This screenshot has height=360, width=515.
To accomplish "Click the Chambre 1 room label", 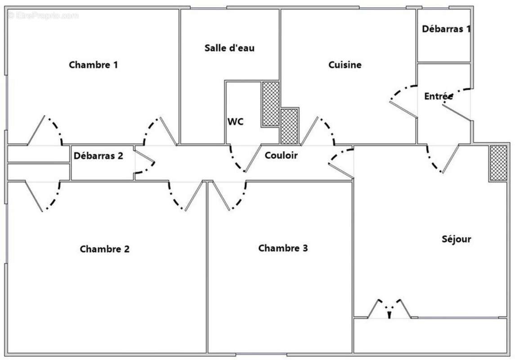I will point(94,65).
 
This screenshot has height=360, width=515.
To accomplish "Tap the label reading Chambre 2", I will point(105,249).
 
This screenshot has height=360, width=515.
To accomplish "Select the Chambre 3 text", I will point(283,248).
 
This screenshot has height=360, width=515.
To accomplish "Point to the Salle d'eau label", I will point(229,48).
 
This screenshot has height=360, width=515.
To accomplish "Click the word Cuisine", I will point(345,65).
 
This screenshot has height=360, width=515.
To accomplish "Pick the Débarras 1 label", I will point(446,29).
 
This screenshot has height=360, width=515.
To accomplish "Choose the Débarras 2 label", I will point(99,156).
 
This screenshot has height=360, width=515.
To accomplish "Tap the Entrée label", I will point(438,96).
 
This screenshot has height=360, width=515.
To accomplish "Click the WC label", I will point(236,121).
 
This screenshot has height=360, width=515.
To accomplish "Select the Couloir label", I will point(281,155).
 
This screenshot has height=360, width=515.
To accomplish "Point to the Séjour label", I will point(456,239).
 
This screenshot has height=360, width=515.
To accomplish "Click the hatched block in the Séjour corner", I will point(498,163).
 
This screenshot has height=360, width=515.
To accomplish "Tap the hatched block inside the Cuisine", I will point(289,126).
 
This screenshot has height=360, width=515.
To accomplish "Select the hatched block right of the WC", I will point(271,103).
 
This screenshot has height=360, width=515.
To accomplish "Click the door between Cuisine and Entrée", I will point(403,101).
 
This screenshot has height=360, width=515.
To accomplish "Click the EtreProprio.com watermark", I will point(43,15).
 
